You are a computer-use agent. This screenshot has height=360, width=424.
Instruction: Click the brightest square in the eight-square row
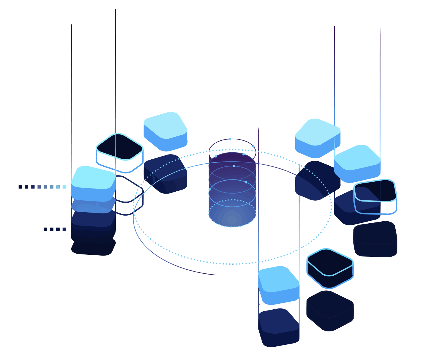(64, 187)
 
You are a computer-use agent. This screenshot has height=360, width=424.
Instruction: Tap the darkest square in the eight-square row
(20, 187)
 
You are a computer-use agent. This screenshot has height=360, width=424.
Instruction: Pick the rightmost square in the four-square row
(64, 229)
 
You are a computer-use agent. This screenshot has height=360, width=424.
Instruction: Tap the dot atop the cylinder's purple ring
(230, 139)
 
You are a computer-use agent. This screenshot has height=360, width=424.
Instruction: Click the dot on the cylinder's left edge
(209, 189)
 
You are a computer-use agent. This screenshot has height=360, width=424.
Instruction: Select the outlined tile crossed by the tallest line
(120, 147)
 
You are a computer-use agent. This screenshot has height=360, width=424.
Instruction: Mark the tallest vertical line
(115, 71)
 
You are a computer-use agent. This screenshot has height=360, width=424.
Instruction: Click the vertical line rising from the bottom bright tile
(258, 198)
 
